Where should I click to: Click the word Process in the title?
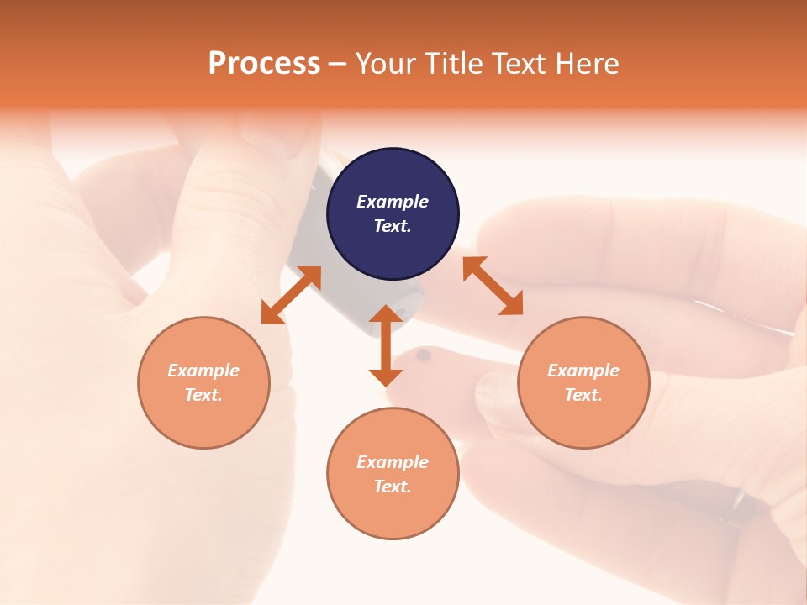point(264,64)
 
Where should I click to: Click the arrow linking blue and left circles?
point(291,295)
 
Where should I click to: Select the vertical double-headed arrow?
point(386,345)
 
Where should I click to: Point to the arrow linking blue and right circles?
point(493,286)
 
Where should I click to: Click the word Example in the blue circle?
point(393,202)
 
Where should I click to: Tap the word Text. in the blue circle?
point(393,226)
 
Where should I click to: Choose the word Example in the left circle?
point(203,371)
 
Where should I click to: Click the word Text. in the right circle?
point(583,395)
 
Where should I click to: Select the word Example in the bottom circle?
point(393,462)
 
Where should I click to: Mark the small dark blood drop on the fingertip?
point(424,355)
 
